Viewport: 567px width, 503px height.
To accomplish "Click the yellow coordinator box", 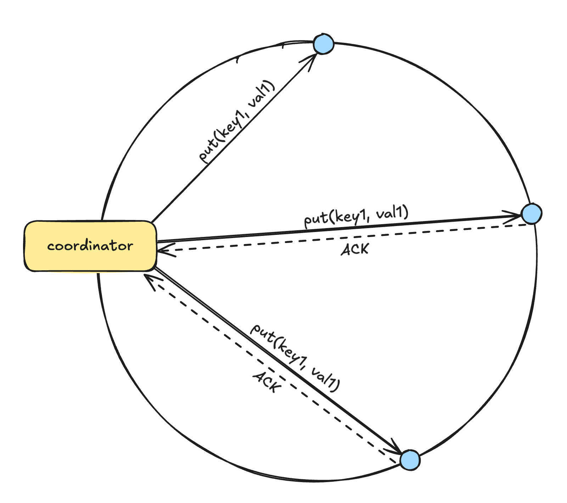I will [90, 246].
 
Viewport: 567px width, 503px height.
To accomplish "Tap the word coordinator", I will [90, 245].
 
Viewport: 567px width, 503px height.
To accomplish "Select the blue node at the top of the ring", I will [323, 44].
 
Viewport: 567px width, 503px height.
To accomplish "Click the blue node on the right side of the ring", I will [531, 214].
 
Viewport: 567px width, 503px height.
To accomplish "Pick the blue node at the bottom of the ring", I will [410, 460].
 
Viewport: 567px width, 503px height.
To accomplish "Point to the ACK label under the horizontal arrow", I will [355, 249].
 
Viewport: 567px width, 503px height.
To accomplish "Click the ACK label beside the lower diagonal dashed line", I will [267, 383].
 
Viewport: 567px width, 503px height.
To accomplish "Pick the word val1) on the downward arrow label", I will [325, 380].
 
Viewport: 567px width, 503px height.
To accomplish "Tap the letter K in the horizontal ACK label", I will [363, 249].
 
